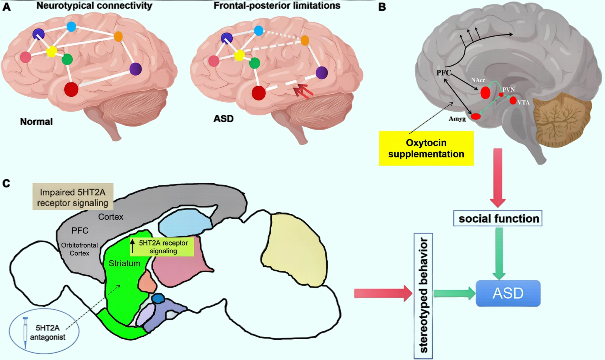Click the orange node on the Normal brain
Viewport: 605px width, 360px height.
click(x=118, y=37)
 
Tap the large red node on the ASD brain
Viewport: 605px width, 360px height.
click(x=258, y=93)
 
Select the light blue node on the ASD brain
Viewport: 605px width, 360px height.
click(x=258, y=30)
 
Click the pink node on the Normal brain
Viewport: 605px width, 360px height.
click(x=26, y=57)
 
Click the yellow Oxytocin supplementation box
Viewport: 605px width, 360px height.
click(x=426, y=148)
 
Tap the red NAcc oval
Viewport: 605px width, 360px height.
click(x=485, y=93)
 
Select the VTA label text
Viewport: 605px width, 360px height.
click(x=523, y=103)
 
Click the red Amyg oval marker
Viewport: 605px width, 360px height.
click(x=476, y=116)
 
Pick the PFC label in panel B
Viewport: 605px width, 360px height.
click(x=444, y=73)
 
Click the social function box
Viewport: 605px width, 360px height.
click(x=498, y=218)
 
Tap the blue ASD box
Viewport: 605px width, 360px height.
click(x=508, y=293)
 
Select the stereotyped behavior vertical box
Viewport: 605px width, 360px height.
click(x=423, y=296)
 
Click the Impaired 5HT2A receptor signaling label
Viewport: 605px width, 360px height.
click(x=73, y=197)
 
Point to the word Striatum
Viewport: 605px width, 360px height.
click(x=124, y=263)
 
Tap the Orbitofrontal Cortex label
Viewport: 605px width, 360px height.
click(x=79, y=249)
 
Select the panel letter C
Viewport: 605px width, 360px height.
click(x=6, y=184)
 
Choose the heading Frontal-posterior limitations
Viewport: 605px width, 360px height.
click(x=277, y=5)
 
